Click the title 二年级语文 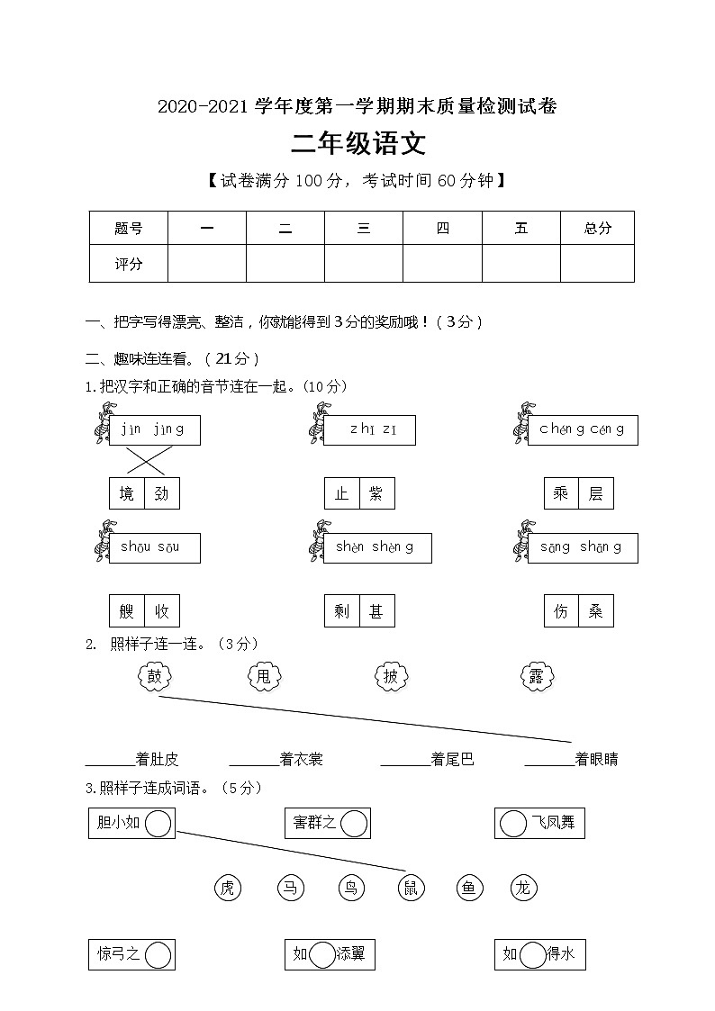(357, 144)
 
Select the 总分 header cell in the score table (597, 228)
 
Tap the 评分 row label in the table (129, 264)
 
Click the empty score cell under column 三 (364, 264)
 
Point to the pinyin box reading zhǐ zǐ (371, 430)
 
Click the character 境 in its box (127, 493)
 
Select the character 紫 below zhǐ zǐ (376, 493)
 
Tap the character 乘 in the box (561, 493)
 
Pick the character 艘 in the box (127, 612)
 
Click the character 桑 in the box (595, 612)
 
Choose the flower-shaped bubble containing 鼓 (154, 676)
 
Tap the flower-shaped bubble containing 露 (537, 677)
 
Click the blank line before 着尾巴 (405, 759)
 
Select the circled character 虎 (228, 889)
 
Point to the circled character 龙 (523, 889)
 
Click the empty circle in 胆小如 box (158, 823)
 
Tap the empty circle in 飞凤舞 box (513, 823)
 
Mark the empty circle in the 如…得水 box (533, 954)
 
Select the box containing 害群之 (327, 823)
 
